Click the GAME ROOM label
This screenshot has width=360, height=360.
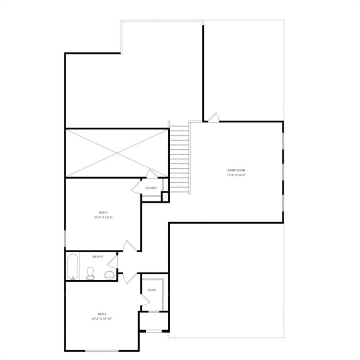coord(236,170)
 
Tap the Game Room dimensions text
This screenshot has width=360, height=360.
coord(236,175)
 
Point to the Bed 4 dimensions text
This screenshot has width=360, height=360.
coord(103,217)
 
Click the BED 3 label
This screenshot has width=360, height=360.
coord(102,314)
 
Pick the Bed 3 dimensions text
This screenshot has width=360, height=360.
coord(102,318)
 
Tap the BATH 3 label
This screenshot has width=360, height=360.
coord(97,256)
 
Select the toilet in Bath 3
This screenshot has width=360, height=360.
coord(90,273)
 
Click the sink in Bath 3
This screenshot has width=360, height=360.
coord(109,274)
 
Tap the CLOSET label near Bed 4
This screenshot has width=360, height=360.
coord(151,187)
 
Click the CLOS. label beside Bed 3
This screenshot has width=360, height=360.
coord(151,290)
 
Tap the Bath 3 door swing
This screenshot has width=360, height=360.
coord(113,262)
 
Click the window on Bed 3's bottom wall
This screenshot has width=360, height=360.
coord(102,351)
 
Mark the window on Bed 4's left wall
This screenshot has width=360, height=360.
coord(65,239)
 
